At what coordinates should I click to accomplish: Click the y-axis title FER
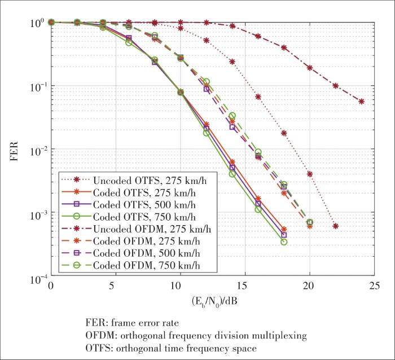(x=15, y=150)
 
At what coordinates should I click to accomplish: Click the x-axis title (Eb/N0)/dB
(x=212, y=301)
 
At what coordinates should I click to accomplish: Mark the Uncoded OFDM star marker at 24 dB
(x=361, y=102)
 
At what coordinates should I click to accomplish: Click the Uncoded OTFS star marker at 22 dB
(x=335, y=226)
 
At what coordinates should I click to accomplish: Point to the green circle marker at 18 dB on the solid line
(x=284, y=242)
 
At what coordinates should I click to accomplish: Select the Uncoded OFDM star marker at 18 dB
(x=284, y=48)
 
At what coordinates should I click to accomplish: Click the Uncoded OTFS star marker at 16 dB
(x=258, y=96)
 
